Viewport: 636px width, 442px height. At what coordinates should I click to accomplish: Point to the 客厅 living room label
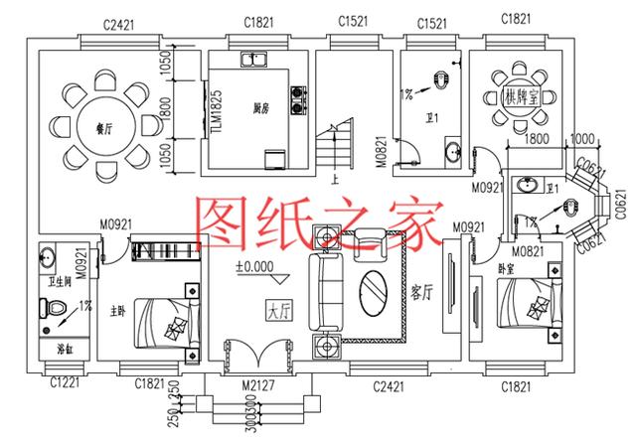pos(421,295)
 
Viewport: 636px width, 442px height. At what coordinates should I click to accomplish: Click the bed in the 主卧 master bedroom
pos(164,325)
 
